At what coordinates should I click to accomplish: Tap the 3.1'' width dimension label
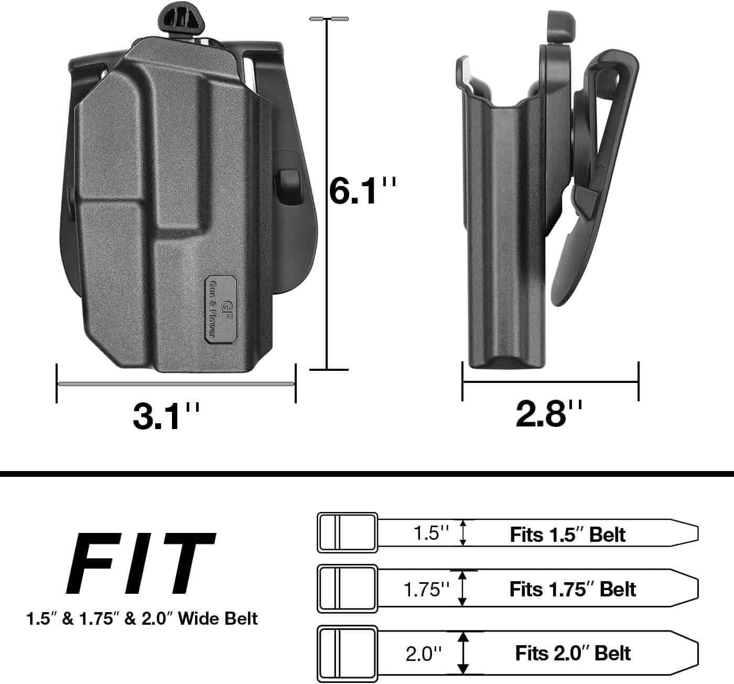click(166, 417)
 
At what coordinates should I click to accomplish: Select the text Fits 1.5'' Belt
click(568, 535)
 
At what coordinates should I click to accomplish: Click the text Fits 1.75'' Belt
click(573, 589)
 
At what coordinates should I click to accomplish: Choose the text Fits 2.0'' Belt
click(573, 654)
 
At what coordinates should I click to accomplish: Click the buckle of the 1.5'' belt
click(347, 532)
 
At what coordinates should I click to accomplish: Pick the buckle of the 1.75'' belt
click(347, 589)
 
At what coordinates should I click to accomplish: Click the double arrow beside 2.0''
click(462, 653)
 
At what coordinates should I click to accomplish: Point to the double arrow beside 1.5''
click(462, 533)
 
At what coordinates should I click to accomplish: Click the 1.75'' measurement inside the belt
click(427, 590)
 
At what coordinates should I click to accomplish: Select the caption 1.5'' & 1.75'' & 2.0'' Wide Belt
click(142, 618)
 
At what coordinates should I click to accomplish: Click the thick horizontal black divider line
click(367, 474)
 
